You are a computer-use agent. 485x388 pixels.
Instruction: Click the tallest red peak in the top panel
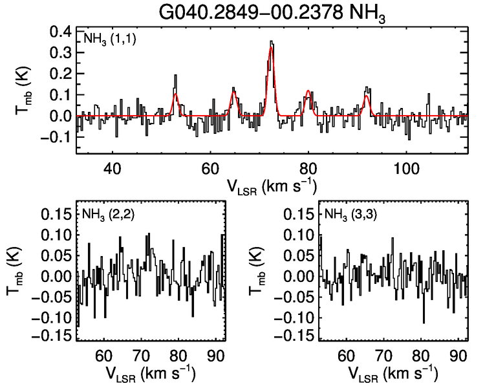pos(272,48)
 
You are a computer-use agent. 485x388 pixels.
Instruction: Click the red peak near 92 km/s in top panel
pos(367,96)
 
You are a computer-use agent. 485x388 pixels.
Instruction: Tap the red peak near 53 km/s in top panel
pos(175,94)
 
